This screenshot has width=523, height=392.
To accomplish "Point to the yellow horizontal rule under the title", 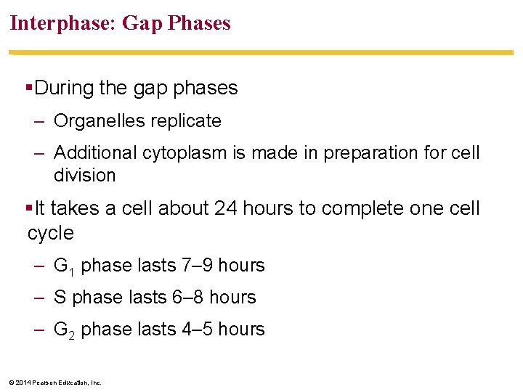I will (x=261, y=53).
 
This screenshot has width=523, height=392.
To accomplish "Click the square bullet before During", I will (x=29, y=88).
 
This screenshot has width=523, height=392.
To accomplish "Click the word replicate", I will (x=186, y=121).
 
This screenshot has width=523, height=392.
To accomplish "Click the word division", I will (x=84, y=176).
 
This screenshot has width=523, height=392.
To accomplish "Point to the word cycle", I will (x=50, y=233).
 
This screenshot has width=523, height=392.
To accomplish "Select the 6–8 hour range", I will (x=187, y=298).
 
